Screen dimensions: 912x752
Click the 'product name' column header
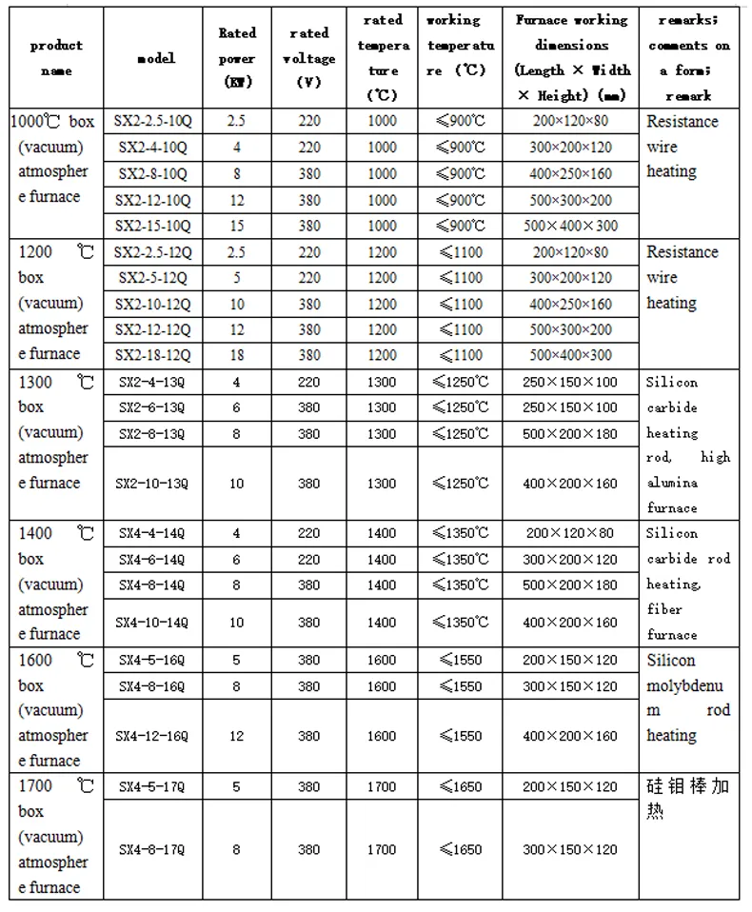[56, 58]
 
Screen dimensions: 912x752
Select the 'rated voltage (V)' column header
[308, 58]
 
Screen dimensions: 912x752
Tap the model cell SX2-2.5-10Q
[153, 122]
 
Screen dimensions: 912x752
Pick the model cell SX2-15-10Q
[153, 226]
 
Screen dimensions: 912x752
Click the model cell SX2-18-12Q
[153, 355]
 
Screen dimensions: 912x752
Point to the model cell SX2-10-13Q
[153, 484]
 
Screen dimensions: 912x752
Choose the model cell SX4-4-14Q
[153, 533]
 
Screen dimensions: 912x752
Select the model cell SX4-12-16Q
[153, 736]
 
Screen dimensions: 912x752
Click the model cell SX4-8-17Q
[153, 849]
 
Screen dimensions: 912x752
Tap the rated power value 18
[236, 355]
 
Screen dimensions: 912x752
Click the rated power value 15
[236, 226]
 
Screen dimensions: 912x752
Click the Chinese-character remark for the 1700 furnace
[687, 799]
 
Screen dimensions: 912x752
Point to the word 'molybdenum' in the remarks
[685, 685]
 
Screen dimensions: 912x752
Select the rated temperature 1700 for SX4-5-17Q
[381, 786]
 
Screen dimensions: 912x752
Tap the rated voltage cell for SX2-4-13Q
[308, 382]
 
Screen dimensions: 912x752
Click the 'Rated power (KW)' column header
[236, 58]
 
